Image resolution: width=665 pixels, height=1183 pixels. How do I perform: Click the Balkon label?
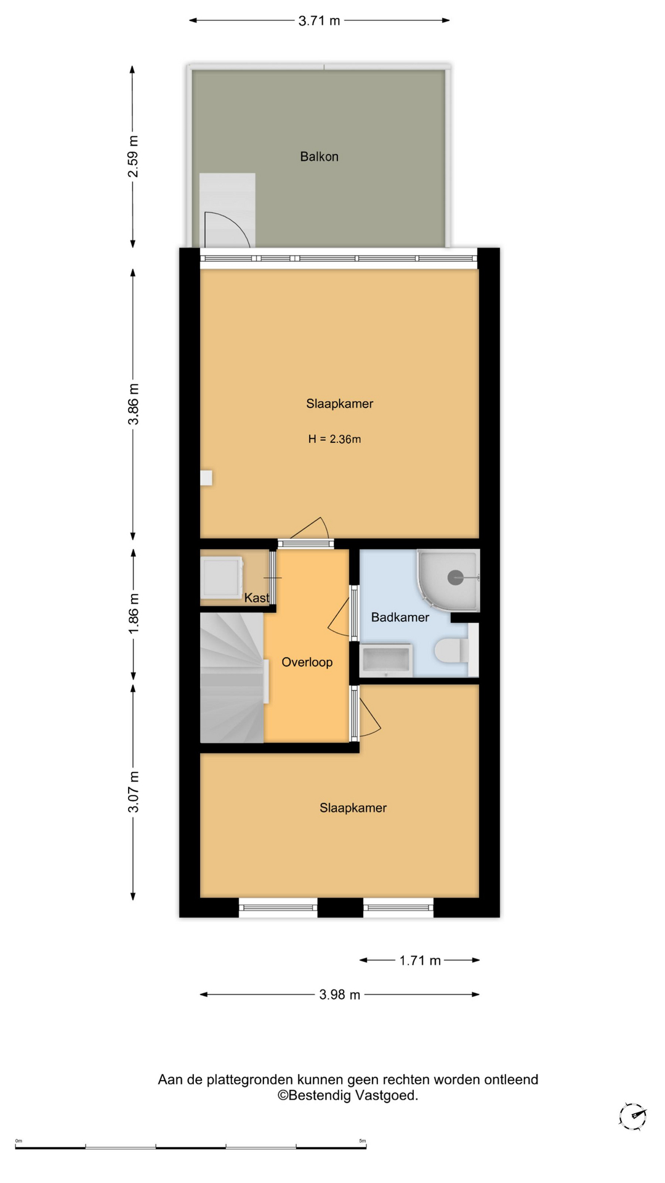pyautogui.click(x=319, y=157)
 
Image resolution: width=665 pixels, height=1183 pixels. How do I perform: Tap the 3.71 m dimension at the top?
pyautogui.click(x=319, y=21)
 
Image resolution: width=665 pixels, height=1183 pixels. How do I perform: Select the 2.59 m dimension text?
pyautogui.click(x=133, y=157)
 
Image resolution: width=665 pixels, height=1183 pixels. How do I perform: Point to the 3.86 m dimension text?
pyautogui.click(x=133, y=404)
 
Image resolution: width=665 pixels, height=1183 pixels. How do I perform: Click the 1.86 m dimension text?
pyautogui.click(x=133, y=614)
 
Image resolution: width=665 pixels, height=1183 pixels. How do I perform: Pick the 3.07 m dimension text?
pyautogui.click(x=133, y=792)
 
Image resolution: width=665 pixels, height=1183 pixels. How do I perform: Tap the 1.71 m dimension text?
pyautogui.click(x=420, y=961)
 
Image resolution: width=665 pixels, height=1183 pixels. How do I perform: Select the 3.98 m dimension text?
pyautogui.click(x=339, y=994)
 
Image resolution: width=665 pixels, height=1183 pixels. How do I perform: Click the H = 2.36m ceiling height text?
pyautogui.click(x=334, y=439)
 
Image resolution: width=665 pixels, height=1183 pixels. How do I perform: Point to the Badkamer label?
pyautogui.click(x=400, y=617)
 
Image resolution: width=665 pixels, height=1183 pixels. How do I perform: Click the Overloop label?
pyautogui.click(x=307, y=662)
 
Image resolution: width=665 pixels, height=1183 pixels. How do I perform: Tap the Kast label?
pyautogui.click(x=257, y=598)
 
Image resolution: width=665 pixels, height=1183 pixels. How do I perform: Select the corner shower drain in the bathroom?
pyautogui.click(x=456, y=577)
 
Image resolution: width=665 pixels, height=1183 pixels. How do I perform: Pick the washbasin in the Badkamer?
pyautogui.click(x=386, y=661)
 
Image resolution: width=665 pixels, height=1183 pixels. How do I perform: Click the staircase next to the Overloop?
pyautogui.click(x=232, y=677)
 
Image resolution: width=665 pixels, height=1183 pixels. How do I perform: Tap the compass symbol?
pyautogui.click(x=632, y=1116)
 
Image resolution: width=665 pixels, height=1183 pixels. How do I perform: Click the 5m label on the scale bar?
pyautogui.click(x=363, y=1141)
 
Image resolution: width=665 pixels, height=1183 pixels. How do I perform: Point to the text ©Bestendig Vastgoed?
pyautogui.click(x=348, y=1096)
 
